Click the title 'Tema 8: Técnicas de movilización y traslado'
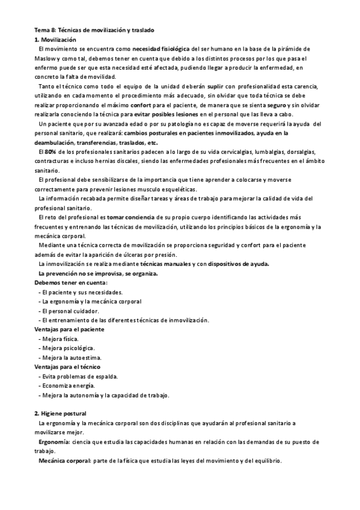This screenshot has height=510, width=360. pyautogui.click(x=96, y=30)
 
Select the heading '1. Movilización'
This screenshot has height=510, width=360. pyautogui.click(x=55, y=39)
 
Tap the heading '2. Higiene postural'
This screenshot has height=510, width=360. pyautogui.click(x=61, y=414)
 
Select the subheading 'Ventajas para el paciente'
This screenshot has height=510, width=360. pyautogui.click(x=70, y=330)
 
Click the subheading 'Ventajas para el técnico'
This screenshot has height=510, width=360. pyautogui.click(x=67, y=367)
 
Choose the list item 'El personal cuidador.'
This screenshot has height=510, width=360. pyautogui.click(x=71, y=311)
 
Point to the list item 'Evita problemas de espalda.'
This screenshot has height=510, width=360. pyautogui.click(x=80, y=376)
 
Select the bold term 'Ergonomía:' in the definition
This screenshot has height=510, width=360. pyautogui.click(x=55, y=442)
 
